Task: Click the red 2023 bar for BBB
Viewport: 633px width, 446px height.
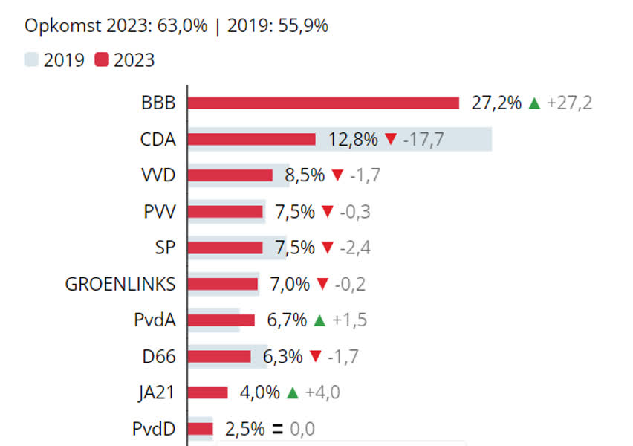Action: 323,103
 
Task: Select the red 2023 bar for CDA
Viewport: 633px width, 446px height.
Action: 251,139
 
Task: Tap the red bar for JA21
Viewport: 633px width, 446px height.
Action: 207,392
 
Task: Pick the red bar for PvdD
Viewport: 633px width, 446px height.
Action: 200,429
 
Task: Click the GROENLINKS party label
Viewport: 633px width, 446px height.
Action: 120,284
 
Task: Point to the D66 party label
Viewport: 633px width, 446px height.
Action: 159,357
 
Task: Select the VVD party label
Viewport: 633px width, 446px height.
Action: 158,175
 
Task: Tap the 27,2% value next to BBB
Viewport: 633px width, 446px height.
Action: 496,103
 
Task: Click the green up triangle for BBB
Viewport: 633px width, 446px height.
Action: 533,103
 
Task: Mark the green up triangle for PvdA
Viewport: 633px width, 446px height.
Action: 319,320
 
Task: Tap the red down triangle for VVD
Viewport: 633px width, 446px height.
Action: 337,175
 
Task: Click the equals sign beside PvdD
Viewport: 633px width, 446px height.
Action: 278,429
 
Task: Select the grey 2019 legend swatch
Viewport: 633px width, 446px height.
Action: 31,60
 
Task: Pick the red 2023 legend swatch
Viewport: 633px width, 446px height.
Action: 102,60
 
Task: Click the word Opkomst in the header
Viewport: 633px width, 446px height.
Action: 59,27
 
